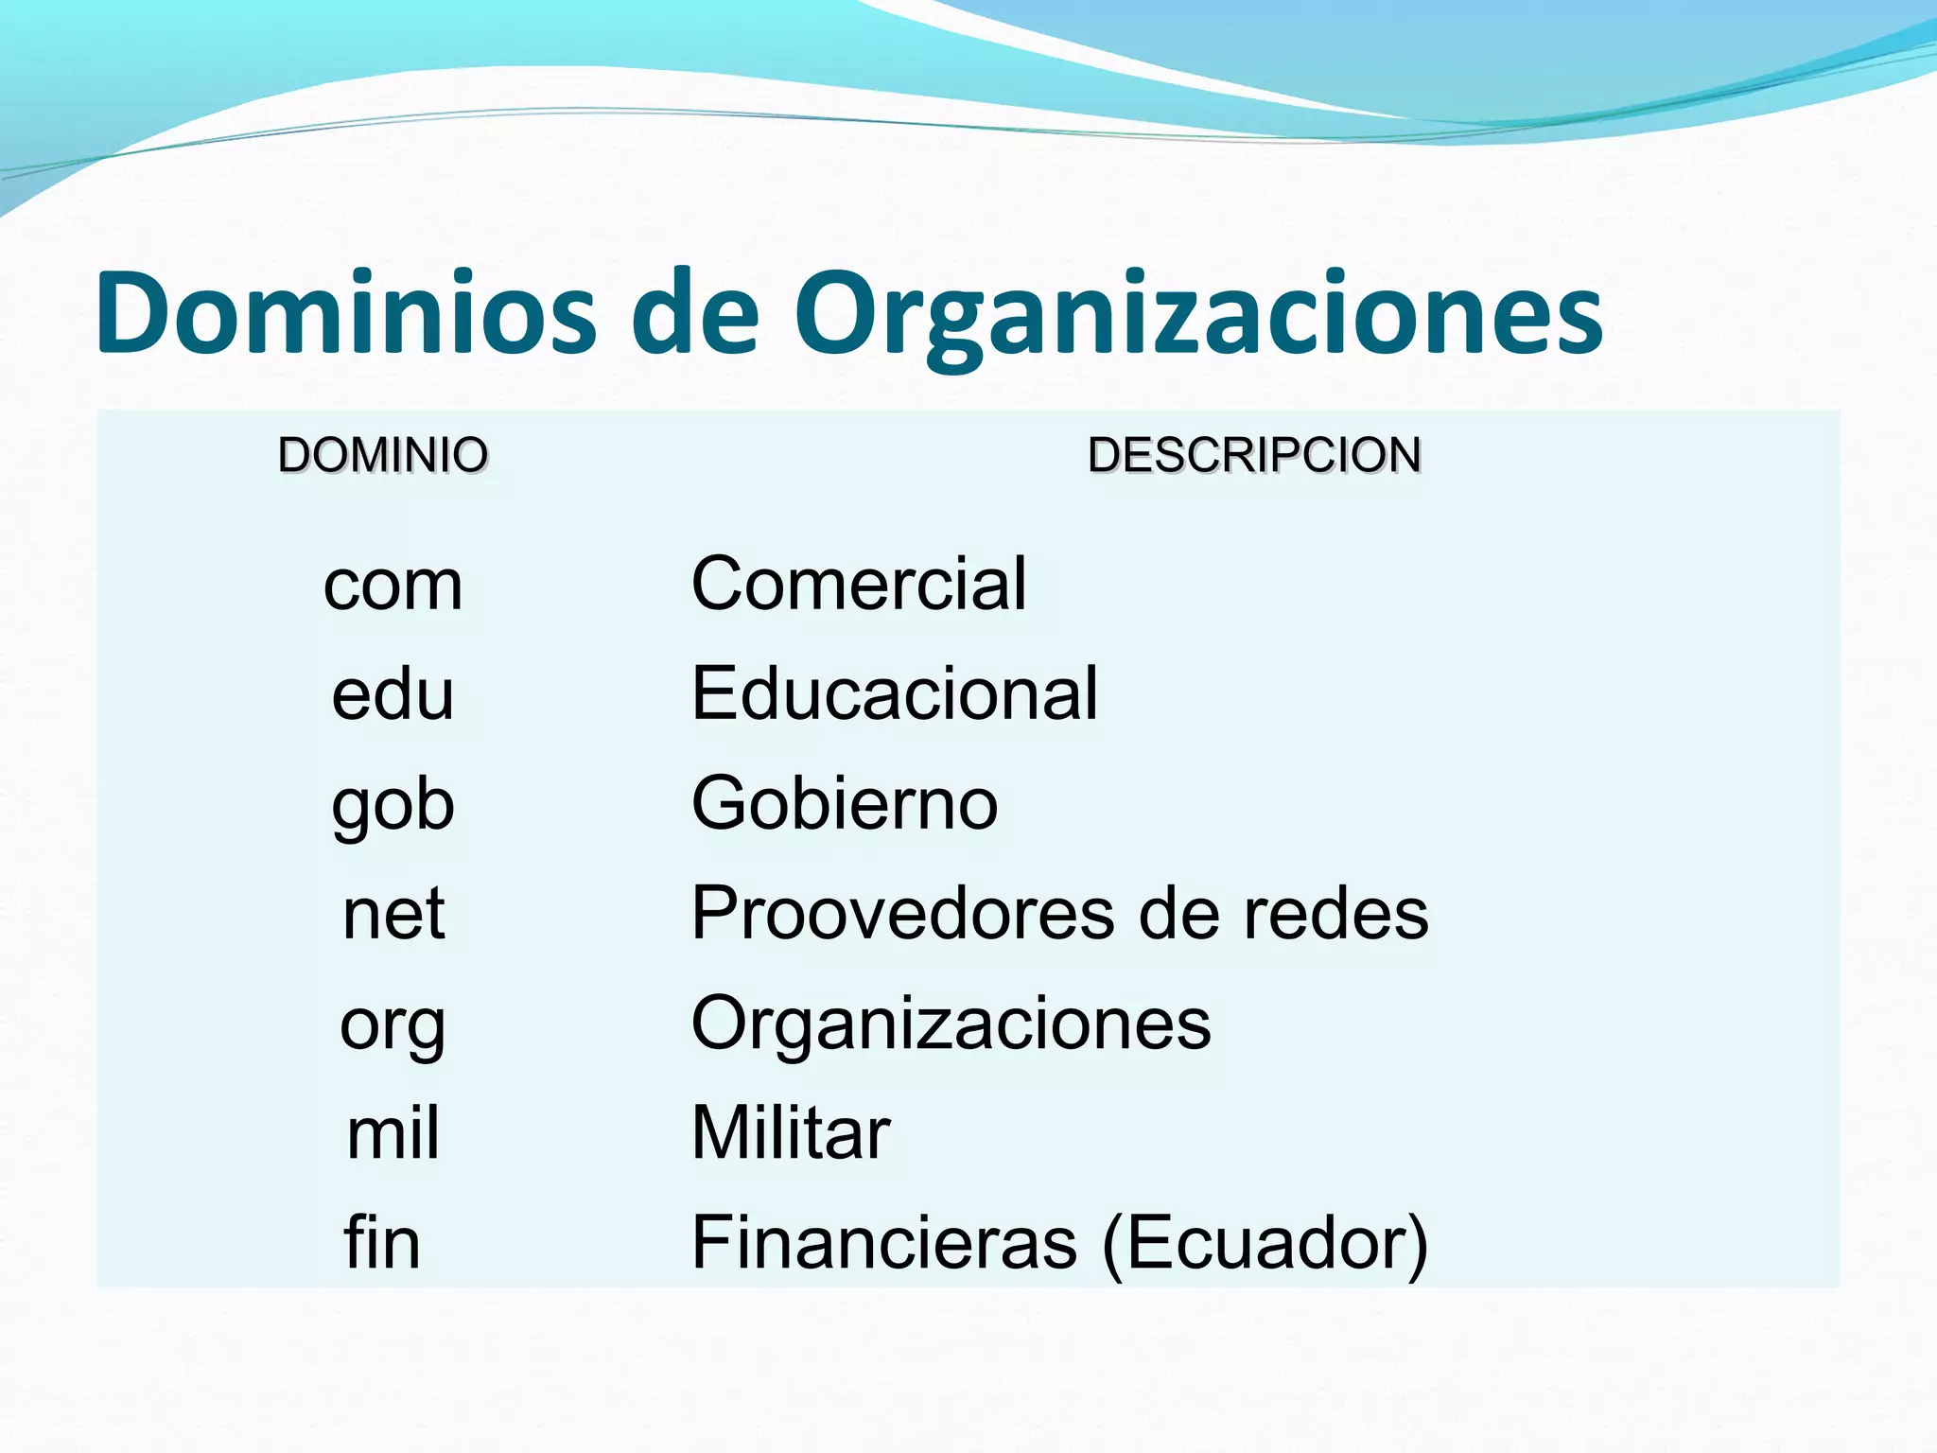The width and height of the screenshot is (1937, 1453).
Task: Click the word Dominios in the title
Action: (346, 313)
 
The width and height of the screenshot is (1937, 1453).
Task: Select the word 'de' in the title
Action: (695, 313)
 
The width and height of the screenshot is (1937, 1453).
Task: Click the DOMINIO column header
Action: (383, 455)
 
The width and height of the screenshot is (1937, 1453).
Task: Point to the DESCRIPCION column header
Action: (1254, 455)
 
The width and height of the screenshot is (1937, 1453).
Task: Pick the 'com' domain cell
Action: (393, 586)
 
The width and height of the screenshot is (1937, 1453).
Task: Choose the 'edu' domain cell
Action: (393, 694)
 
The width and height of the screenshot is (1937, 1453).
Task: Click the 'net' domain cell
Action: (393, 914)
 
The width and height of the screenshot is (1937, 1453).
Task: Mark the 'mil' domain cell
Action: (393, 1133)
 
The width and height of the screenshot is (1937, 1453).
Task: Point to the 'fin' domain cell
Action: (382, 1242)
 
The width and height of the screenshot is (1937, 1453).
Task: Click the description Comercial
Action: (859, 584)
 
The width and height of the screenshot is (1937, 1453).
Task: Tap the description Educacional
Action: (895, 693)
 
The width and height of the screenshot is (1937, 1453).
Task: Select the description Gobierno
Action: (845, 803)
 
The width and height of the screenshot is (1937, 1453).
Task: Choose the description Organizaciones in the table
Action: (951, 1024)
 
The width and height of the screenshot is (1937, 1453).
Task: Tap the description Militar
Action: (791, 1132)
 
